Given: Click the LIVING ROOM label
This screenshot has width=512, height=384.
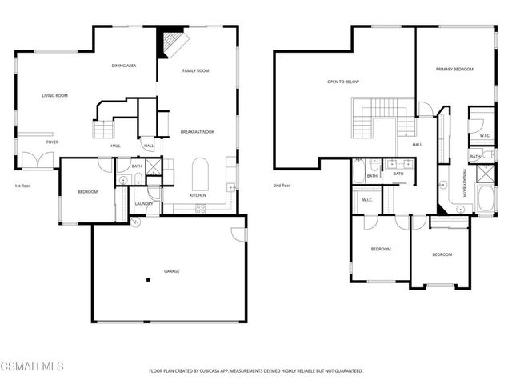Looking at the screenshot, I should (x=55, y=96).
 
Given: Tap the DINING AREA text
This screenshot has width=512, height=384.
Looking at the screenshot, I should (x=123, y=66).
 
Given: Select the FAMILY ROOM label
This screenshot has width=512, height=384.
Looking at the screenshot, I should (x=195, y=71).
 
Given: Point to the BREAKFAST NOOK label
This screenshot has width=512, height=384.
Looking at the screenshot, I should (x=197, y=131).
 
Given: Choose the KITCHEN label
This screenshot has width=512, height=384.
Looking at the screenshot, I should (x=198, y=195).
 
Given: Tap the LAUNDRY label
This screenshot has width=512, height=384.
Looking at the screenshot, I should (x=144, y=203).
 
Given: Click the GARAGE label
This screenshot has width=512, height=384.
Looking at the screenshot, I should (x=172, y=271).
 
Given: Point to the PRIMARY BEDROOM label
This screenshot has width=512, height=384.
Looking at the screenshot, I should (x=454, y=70).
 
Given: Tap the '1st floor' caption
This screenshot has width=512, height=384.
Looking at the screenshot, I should (x=23, y=186).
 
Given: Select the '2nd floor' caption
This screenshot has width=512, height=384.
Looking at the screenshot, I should (x=282, y=186).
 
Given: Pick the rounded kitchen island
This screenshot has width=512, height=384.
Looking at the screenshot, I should (x=201, y=173).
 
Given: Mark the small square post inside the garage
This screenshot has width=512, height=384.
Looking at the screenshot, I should (x=148, y=280).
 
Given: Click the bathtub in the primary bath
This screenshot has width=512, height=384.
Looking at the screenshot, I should (x=484, y=200).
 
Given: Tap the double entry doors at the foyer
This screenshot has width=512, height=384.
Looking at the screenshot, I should (x=38, y=159).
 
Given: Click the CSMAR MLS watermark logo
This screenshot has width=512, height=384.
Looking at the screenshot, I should (x=32, y=366).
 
